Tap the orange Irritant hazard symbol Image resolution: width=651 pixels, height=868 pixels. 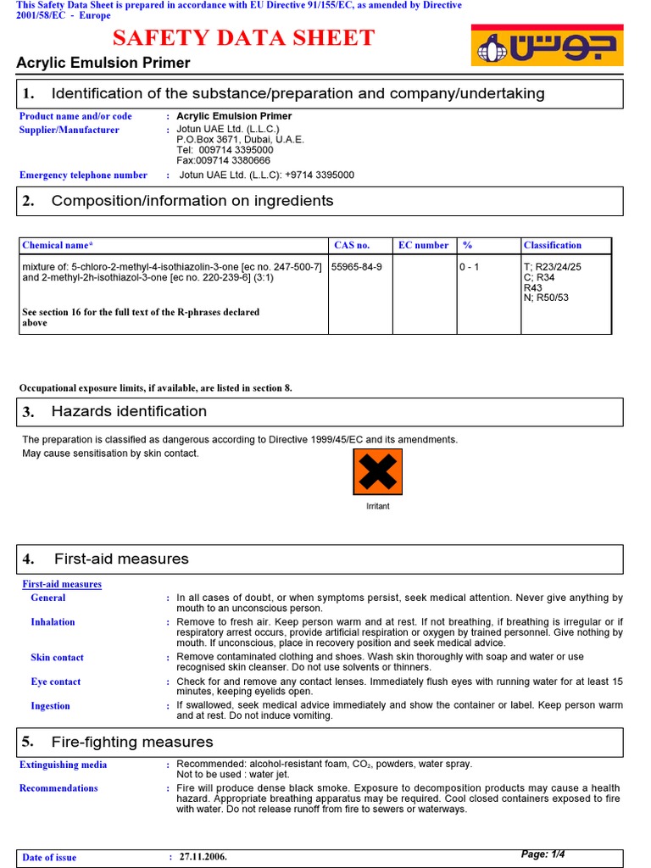point(377,472)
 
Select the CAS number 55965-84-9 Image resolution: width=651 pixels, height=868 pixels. point(356,266)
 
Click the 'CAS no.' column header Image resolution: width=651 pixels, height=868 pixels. point(352,245)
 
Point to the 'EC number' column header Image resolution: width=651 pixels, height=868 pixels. point(423,245)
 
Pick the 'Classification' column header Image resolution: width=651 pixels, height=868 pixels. point(553,245)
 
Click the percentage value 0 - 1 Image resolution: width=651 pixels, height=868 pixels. point(470,266)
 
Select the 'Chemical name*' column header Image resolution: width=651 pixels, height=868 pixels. point(58,245)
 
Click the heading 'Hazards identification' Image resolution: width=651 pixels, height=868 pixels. point(129,411)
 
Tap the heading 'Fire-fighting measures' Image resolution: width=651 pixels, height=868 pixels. point(132,742)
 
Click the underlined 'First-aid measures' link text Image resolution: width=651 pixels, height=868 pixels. point(62,584)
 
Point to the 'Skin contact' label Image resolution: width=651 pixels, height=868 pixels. point(56,657)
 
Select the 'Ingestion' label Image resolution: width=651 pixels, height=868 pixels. point(50,705)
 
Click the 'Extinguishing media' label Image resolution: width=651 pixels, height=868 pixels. point(64,765)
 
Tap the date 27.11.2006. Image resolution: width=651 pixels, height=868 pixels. point(203,857)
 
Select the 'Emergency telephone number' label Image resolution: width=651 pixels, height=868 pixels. point(83,175)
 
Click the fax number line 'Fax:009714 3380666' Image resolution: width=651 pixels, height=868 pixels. point(224,160)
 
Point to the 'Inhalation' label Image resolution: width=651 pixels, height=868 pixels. point(53,621)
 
